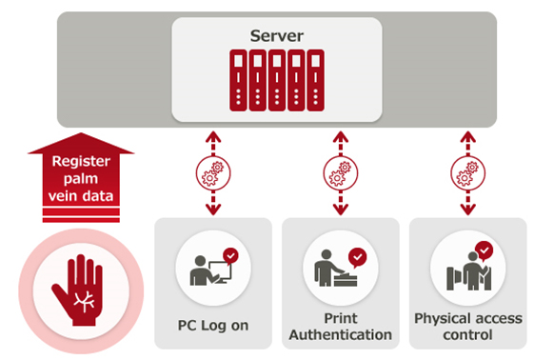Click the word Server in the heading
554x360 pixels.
coord(276,36)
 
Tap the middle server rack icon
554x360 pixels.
coord(277,81)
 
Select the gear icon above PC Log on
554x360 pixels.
coord(213,174)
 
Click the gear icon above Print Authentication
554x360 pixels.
coord(340,174)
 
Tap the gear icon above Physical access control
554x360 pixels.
coord(466,174)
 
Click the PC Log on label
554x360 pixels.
coord(213,325)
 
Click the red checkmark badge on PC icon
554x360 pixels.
coord(230,255)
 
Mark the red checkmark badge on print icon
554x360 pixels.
coord(357,255)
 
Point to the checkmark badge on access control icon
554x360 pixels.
coord(484,250)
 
